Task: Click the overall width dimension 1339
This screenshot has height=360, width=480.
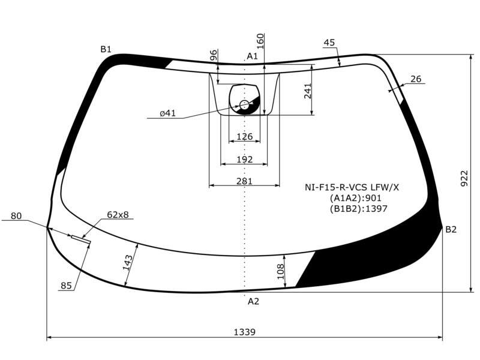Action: [244, 332]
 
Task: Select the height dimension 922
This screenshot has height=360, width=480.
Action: [464, 178]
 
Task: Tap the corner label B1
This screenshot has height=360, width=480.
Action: [106, 49]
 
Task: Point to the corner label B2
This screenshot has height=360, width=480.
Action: [451, 229]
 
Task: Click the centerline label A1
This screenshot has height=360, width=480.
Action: [252, 56]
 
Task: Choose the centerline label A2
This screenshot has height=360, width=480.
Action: [253, 302]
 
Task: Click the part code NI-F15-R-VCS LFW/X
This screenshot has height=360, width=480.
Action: [352, 187]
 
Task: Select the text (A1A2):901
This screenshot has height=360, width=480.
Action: [356, 198]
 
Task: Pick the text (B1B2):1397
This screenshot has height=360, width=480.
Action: [358, 209]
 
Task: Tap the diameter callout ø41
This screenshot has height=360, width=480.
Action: [168, 113]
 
